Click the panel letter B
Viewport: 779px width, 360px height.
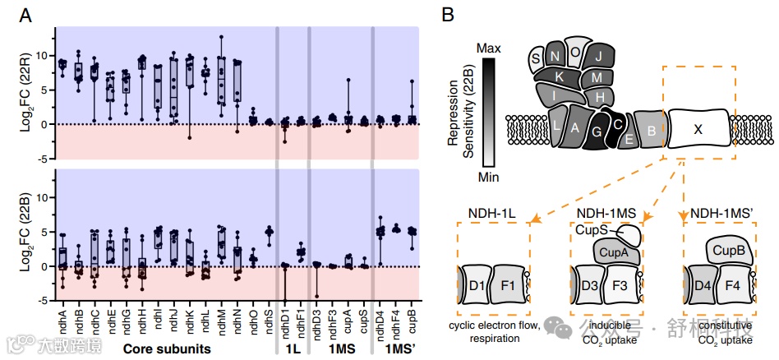pyautogui.click(x=448, y=14)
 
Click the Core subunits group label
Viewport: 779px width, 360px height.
pyautogui.click(x=165, y=348)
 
